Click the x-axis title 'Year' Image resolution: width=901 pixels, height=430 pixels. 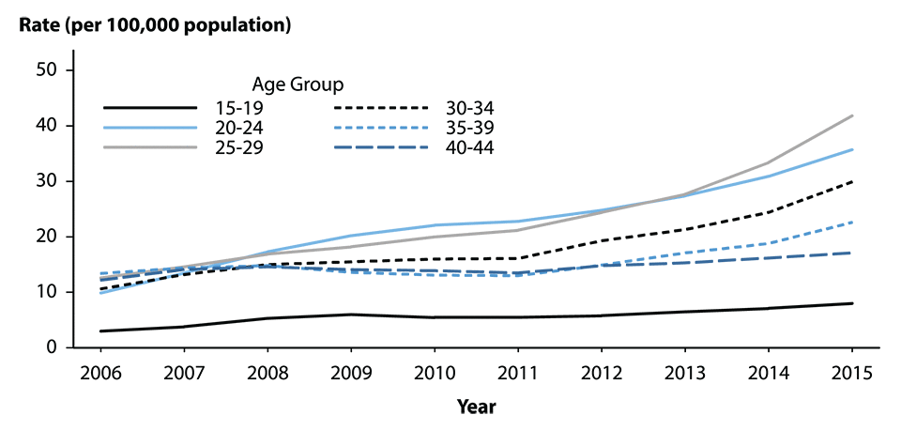pos(476,407)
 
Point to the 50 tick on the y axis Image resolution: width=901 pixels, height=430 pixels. pos(47,70)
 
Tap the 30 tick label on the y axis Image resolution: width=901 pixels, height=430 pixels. pos(47,181)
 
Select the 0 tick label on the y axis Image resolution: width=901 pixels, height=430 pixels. pos(53,348)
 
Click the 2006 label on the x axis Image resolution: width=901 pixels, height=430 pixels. pos(101,372)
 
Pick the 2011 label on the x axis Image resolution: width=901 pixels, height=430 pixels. pos(517,372)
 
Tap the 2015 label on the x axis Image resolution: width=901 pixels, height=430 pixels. pos(850,372)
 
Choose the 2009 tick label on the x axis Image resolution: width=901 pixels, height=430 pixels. pos(351,372)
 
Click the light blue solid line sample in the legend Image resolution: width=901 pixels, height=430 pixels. pos(150,127)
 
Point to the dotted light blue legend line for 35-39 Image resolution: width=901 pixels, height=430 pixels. pos(380,127)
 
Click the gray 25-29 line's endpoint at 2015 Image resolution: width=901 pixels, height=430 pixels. pos(851,115)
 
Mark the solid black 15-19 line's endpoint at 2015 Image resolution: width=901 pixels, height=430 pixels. pos(851,303)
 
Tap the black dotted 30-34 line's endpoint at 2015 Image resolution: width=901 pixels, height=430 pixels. pos(851,181)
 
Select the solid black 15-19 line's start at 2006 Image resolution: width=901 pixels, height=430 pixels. pos(101,331)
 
